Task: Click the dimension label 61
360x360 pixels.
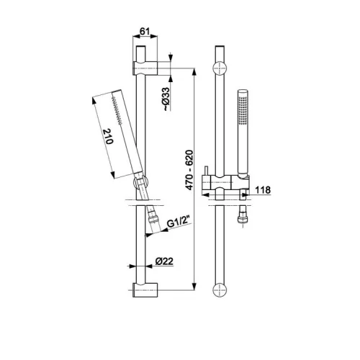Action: [x=145, y=31]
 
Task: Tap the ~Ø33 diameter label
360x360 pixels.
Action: [x=166, y=99]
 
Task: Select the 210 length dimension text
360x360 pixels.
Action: [x=108, y=136]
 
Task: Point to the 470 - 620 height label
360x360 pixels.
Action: [x=189, y=170]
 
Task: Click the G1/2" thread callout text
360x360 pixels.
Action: [x=179, y=223]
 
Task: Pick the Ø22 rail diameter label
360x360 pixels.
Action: [x=164, y=261]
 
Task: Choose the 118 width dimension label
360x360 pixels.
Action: [x=263, y=190]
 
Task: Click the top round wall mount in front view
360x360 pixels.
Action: [x=220, y=68]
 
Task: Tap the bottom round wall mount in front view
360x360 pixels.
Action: [x=220, y=290]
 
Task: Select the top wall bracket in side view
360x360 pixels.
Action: [x=145, y=68]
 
